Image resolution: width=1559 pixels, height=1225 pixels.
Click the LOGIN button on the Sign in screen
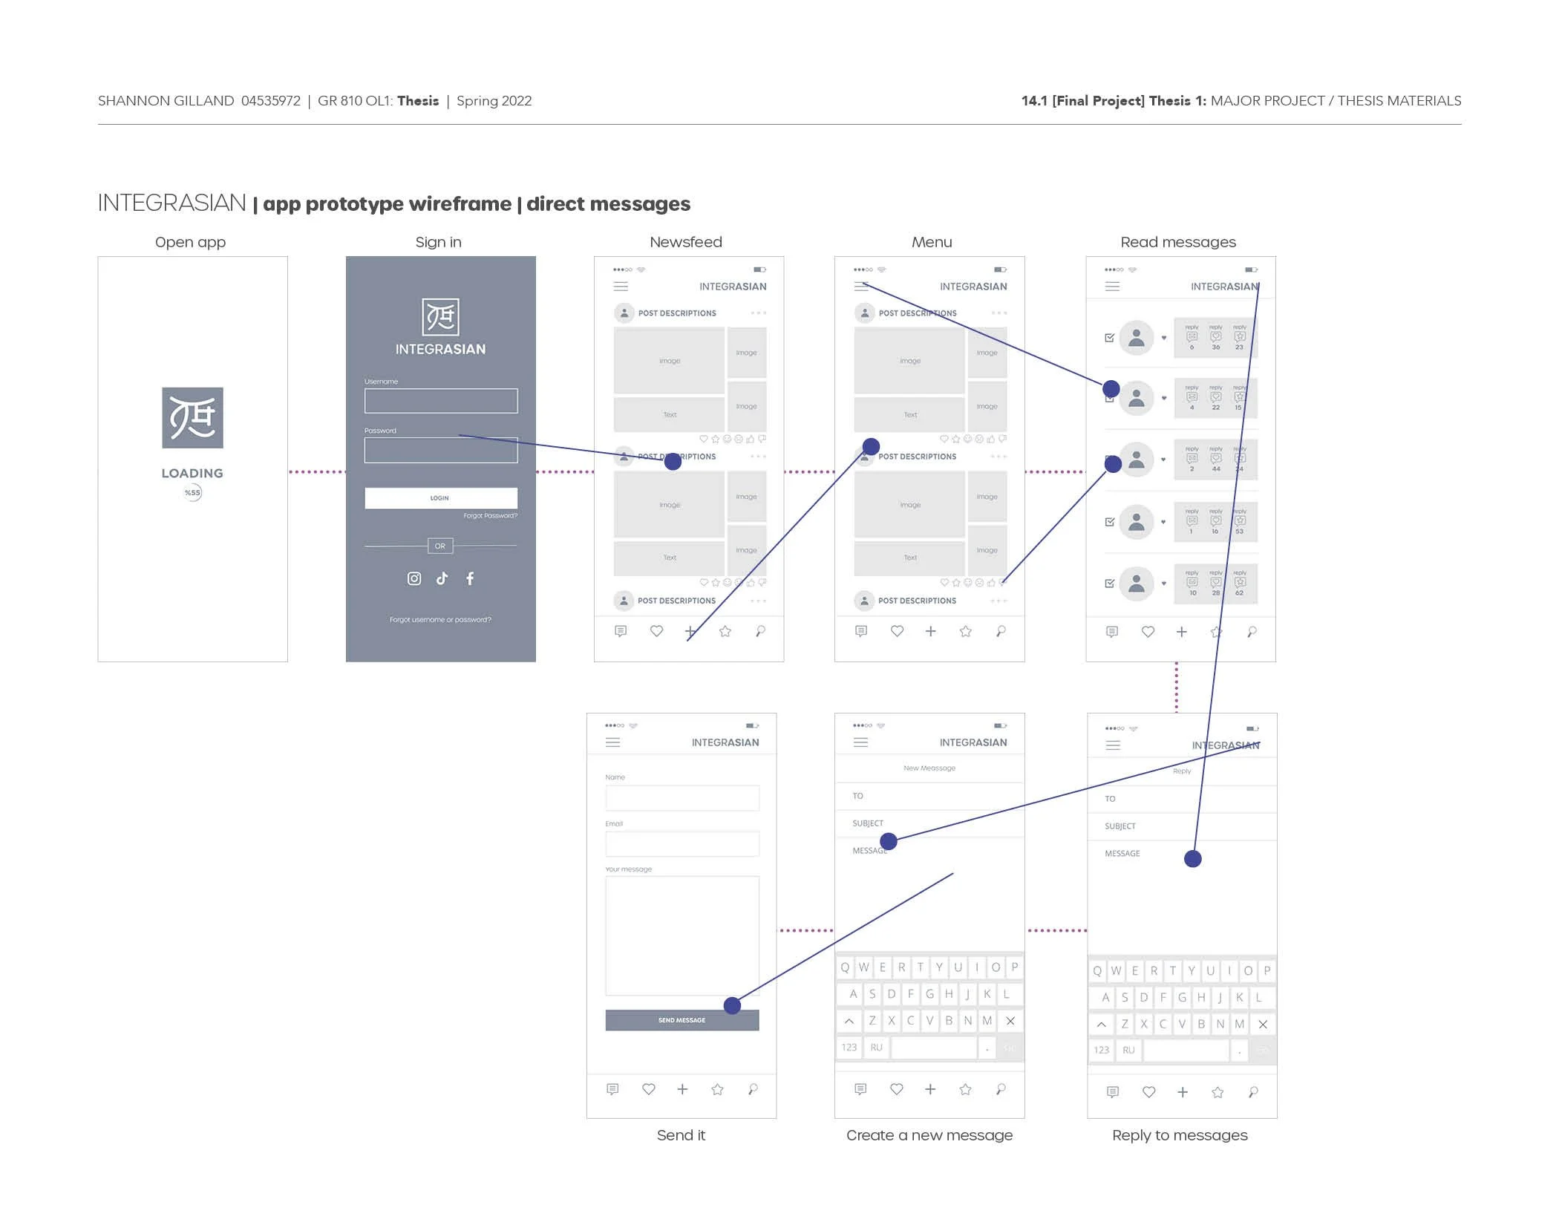point(440,498)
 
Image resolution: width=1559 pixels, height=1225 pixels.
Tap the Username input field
point(440,401)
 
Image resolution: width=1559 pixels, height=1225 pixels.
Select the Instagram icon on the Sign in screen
point(414,578)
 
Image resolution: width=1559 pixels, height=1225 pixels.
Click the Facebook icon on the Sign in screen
point(470,578)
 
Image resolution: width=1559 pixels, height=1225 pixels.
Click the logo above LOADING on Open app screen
point(192,417)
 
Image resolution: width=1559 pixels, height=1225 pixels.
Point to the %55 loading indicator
point(192,492)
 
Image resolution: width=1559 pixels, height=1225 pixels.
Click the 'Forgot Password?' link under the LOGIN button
point(490,515)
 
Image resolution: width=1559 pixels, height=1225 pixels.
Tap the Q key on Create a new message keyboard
point(845,967)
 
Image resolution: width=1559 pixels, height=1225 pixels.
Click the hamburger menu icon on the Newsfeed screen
point(621,286)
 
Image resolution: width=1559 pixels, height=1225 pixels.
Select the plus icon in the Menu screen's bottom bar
point(930,631)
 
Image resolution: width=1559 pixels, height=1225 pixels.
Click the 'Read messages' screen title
point(1178,242)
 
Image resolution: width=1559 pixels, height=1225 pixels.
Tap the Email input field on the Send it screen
point(682,843)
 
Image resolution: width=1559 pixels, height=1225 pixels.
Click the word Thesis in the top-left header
point(418,101)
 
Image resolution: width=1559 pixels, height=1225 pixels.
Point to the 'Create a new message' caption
point(929,1135)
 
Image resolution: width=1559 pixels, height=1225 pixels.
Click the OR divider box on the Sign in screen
point(440,546)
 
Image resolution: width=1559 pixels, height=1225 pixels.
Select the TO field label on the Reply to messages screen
point(1110,799)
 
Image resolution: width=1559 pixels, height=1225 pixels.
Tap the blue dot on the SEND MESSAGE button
point(732,1005)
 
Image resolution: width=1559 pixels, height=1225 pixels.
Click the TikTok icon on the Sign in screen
point(442,578)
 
